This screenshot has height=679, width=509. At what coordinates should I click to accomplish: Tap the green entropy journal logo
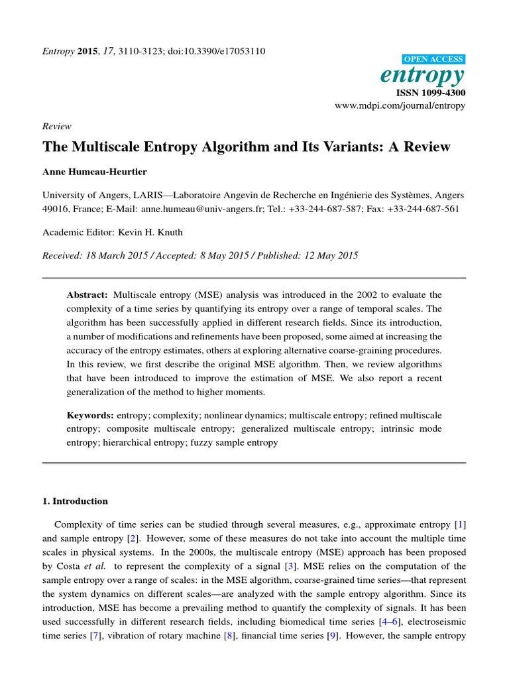pos(422,76)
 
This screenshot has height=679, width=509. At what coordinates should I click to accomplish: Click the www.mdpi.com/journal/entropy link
pos(400,105)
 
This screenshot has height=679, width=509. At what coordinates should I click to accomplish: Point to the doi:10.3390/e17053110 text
pos(221,51)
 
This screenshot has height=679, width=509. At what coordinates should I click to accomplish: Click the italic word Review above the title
pos(56,126)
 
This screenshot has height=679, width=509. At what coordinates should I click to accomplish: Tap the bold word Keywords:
pos(90,415)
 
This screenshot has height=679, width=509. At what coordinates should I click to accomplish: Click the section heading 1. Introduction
pos(75,501)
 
